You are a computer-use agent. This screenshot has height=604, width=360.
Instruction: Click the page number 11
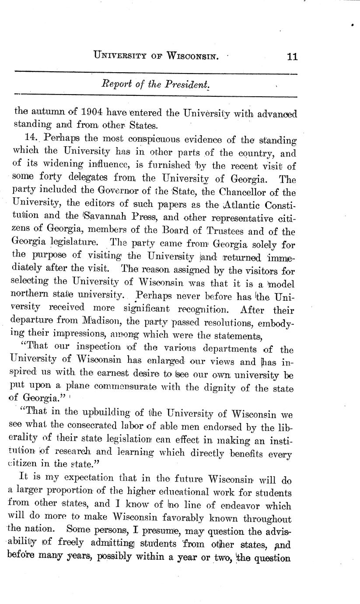[x=292, y=56]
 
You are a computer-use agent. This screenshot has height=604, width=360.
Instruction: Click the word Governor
[x=114, y=192]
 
